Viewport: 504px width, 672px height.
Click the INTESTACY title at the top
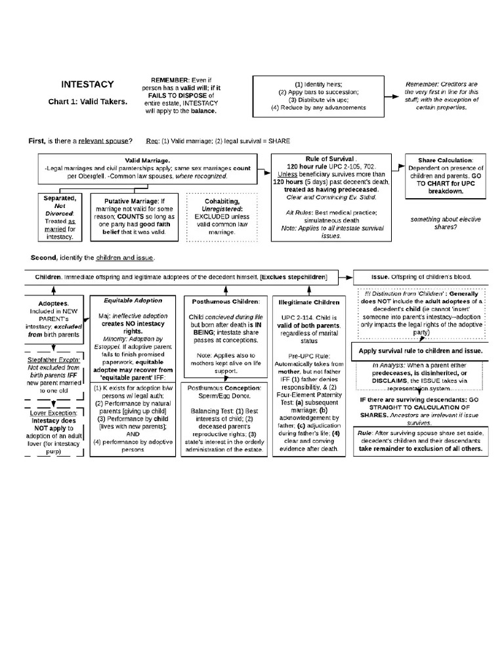pyautogui.click(x=87, y=84)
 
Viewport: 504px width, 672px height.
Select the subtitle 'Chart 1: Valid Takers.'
pyautogui.click(x=87, y=102)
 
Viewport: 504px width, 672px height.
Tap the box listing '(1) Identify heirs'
pyautogui.click(x=318, y=96)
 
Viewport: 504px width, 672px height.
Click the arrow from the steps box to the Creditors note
pyautogui.click(x=391, y=96)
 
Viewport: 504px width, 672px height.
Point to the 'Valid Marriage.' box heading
pyautogui.click(x=148, y=160)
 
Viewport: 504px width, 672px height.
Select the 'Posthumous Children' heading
pyautogui.click(x=226, y=301)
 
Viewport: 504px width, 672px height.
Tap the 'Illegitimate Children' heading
pyautogui.click(x=308, y=303)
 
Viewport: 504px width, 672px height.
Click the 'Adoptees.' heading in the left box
pyautogui.click(x=53, y=304)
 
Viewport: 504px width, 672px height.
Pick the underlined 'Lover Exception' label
pyautogui.click(x=54, y=413)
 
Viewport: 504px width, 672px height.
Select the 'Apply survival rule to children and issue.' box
pyautogui.click(x=421, y=351)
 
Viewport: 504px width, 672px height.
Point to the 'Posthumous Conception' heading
pyautogui.click(x=225, y=388)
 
